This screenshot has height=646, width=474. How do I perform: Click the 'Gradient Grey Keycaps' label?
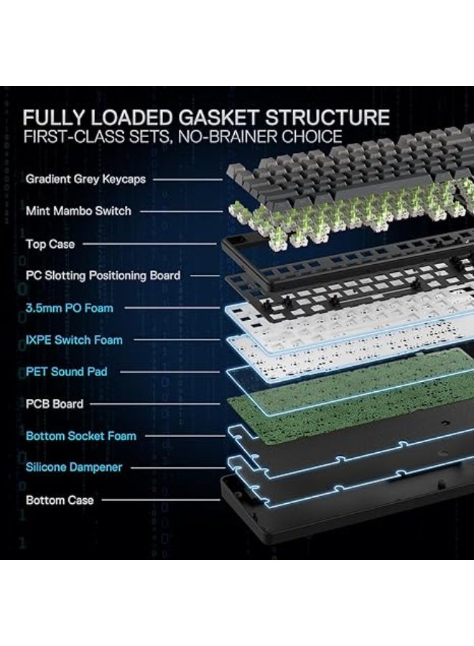click(85, 179)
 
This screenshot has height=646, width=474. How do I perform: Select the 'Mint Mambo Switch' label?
click(78, 211)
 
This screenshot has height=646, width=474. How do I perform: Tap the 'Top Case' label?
click(50, 244)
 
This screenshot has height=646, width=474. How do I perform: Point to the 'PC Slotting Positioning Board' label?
click(103, 276)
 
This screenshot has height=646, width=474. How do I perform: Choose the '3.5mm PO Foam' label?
click(69, 308)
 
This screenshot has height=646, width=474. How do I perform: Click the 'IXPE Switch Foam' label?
click(74, 340)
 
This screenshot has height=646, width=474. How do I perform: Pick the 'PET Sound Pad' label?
click(66, 372)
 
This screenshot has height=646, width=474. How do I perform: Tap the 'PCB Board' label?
click(55, 403)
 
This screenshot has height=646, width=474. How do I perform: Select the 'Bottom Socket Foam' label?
click(80, 436)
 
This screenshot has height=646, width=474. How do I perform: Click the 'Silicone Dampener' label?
click(74, 467)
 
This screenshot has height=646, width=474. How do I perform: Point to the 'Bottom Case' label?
click(60, 500)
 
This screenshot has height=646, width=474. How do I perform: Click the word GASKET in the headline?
click(219, 118)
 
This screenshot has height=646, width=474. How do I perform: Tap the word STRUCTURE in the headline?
click(327, 118)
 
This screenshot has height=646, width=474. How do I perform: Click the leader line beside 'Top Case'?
click(149, 244)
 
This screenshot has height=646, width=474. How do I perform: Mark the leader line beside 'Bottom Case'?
click(161, 500)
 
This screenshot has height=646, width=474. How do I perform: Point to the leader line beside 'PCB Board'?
click(155, 403)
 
